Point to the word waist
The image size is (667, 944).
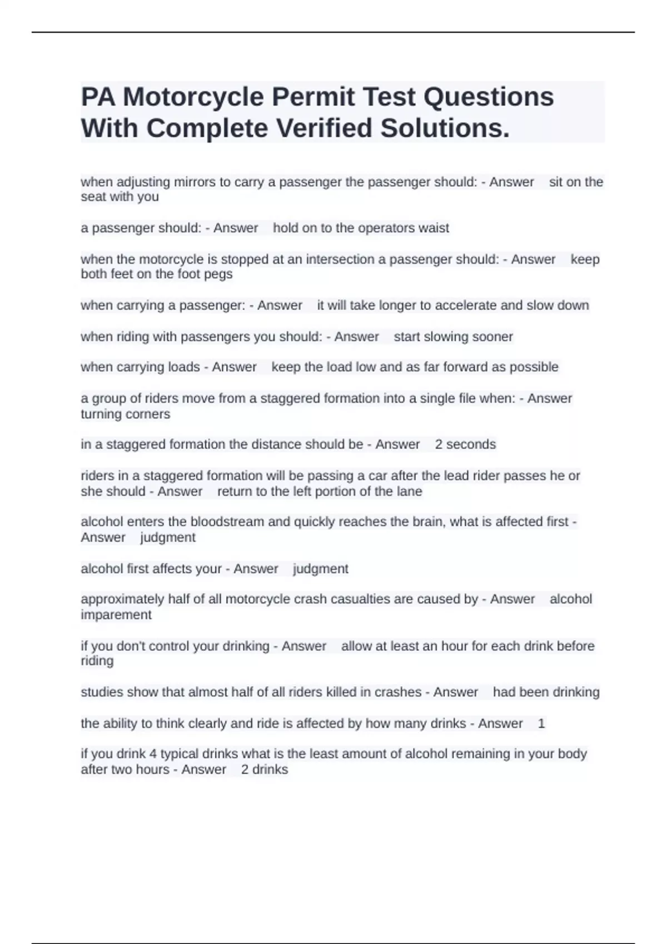434,228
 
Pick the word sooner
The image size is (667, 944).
492,337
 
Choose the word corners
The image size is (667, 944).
148,414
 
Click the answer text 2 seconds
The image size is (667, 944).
465,444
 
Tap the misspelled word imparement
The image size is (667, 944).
116,615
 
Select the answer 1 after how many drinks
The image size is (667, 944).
541,724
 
